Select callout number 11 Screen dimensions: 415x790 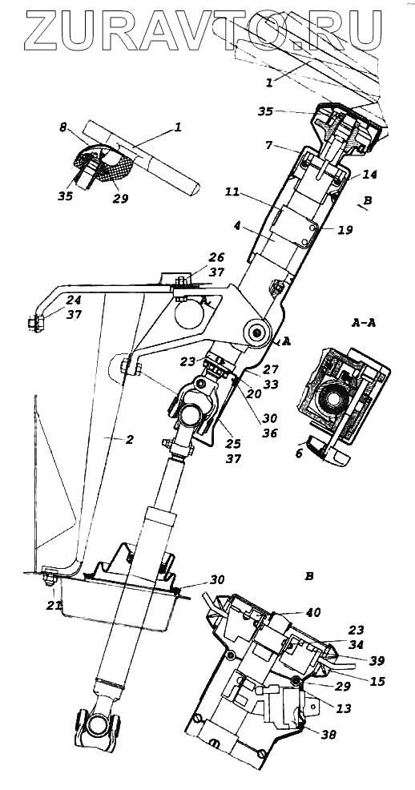coord(232,192)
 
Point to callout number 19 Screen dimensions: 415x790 coord(345,230)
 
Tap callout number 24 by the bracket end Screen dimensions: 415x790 coord(74,300)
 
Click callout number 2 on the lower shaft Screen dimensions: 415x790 coord(130,439)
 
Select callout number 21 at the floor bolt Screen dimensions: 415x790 coord(54,605)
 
